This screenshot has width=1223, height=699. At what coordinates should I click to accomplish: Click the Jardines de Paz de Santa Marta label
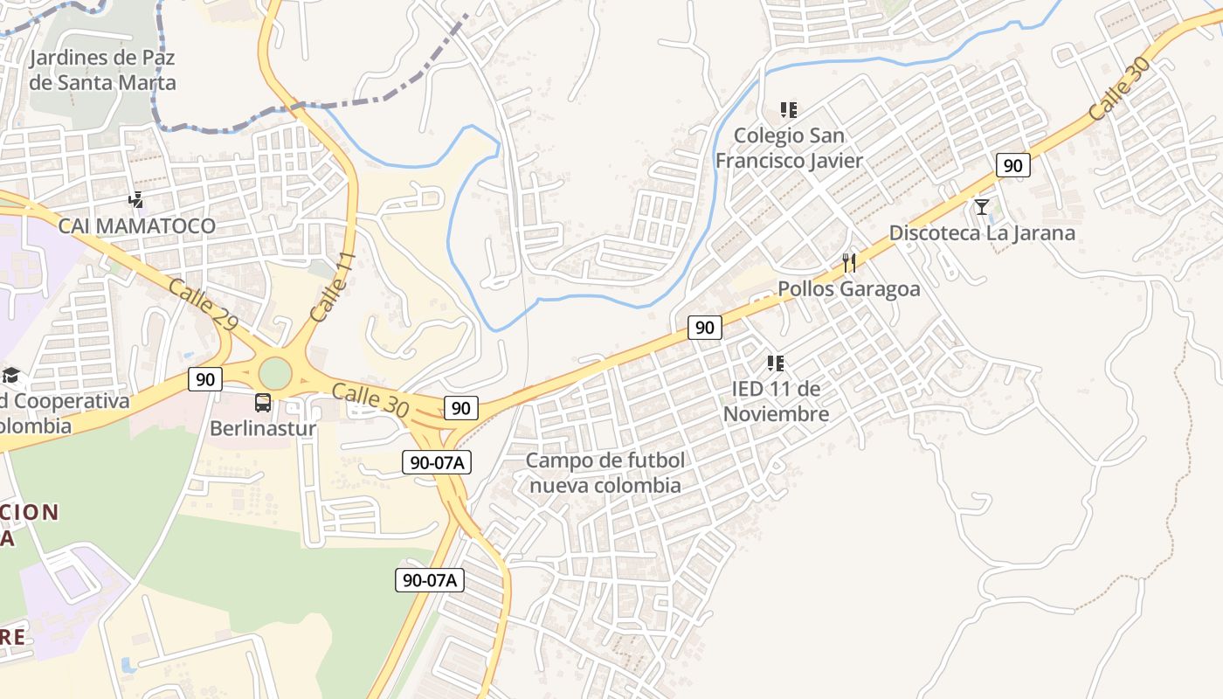[102, 71]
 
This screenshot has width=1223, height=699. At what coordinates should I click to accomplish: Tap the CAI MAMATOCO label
[136, 226]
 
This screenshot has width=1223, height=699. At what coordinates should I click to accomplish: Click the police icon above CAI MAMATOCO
[135, 200]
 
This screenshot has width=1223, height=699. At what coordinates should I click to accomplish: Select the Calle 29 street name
[203, 305]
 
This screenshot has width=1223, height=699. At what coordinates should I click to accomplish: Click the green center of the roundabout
[275, 374]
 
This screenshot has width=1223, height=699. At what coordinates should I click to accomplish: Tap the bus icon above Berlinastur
[262, 403]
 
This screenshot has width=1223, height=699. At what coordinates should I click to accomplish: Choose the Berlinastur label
[262, 429]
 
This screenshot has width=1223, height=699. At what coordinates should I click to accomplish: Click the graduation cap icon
[10, 376]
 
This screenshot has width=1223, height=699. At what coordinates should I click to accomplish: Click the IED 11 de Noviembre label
[776, 401]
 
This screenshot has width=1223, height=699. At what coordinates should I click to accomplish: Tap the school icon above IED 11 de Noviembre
[775, 363]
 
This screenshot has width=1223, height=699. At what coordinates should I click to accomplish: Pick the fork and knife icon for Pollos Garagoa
[848, 262]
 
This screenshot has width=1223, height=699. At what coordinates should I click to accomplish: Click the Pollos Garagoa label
[848, 289]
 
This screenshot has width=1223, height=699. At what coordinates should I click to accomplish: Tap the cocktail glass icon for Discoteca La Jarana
[982, 207]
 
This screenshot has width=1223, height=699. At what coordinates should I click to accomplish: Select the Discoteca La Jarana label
[982, 233]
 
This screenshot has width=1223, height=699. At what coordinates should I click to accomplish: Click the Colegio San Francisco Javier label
[789, 148]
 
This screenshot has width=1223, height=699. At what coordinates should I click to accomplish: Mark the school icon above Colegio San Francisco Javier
[789, 110]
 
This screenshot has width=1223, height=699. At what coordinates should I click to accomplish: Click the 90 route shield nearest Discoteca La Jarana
[1012, 165]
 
